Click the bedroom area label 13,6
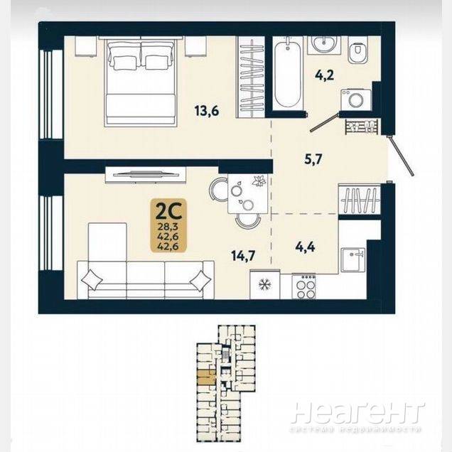point(207,111)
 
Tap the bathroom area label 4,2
point(324,75)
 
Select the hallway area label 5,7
point(313,158)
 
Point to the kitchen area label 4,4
point(306,247)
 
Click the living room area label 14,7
point(244,255)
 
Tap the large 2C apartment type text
point(168,212)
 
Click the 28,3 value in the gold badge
point(168,227)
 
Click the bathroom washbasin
point(324,45)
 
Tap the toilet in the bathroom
point(358,50)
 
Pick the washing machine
point(356,99)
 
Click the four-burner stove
point(304,287)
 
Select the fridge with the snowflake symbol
point(264,285)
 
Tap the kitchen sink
point(353,260)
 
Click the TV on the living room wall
point(146,174)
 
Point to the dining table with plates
point(249,193)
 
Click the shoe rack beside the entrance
point(362,126)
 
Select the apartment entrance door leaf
point(401,155)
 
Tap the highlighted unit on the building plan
point(206,377)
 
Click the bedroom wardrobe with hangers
point(250,77)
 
